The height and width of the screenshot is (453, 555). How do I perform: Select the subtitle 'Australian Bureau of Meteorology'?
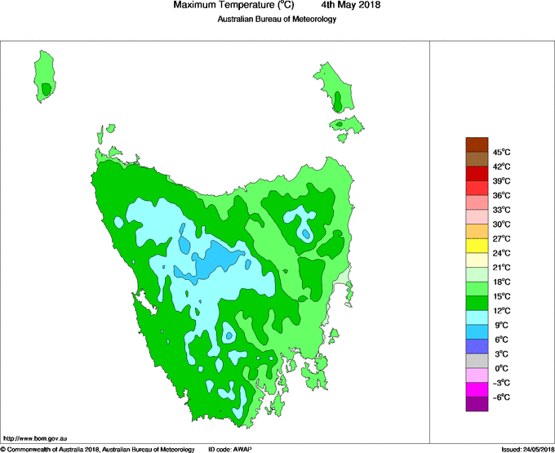tap(277, 20)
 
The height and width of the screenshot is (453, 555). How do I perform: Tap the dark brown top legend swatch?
tap(477, 144)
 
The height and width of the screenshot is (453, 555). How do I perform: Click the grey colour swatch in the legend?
tap(477, 360)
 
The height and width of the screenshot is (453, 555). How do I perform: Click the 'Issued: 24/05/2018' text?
tap(522, 449)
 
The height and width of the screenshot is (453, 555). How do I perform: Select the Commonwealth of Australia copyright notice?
tap(97, 449)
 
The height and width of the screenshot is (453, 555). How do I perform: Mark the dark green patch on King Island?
tap(47, 88)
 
